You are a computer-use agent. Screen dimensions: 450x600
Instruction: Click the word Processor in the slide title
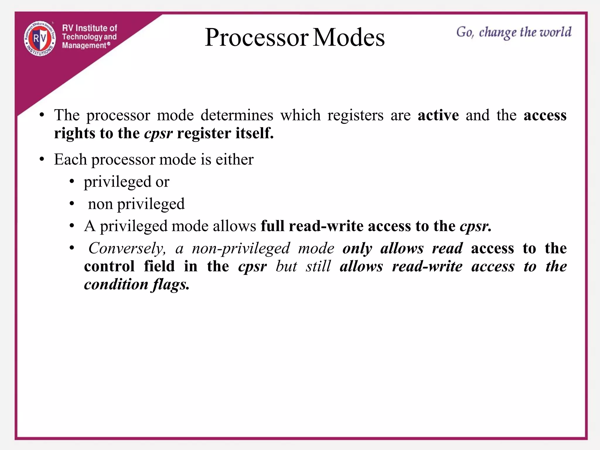coord(257,37)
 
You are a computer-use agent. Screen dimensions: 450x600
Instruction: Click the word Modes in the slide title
coord(349,37)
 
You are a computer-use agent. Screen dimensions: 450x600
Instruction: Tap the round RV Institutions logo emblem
coord(40,38)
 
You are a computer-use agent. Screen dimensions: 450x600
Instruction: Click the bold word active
coord(438,115)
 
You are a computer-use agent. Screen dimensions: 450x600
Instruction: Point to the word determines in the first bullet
coord(237,115)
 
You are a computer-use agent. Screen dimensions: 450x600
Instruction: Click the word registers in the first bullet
coord(355,115)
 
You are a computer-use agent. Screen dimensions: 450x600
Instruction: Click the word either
coord(234,160)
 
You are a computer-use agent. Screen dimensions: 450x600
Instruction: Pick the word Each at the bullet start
coord(70,160)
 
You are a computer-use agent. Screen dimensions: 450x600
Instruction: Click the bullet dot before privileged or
coord(72,182)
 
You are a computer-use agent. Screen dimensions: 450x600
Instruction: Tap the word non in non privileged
coord(100,204)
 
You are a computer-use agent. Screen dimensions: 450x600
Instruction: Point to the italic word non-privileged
coord(241,249)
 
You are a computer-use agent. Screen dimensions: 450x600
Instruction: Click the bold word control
coord(109,267)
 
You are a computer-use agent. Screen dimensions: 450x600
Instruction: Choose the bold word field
coord(159,267)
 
